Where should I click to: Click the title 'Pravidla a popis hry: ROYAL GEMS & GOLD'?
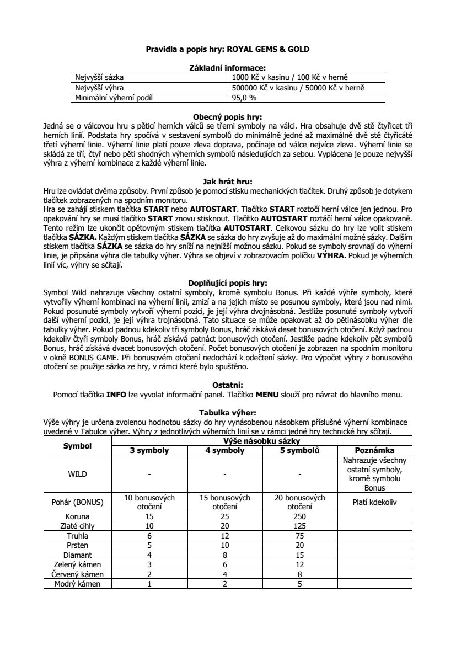click(228, 49)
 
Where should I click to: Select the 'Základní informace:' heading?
click(228, 67)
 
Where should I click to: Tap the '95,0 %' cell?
click(243, 98)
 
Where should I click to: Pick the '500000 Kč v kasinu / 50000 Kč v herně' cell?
click(298, 88)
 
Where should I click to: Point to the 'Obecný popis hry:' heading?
click(228, 116)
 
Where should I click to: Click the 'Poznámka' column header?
click(374, 450)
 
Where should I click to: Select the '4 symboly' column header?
click(224, 450)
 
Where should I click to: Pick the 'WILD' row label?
click(77, 473)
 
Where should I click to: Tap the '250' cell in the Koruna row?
click(299, 516)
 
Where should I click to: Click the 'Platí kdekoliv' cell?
click(374, 502)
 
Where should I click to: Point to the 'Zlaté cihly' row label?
click(77, 526)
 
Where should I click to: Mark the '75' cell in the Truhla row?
click(299, 535)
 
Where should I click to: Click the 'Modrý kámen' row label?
click(77, 583)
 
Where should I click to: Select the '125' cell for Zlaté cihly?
click(299, 526)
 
